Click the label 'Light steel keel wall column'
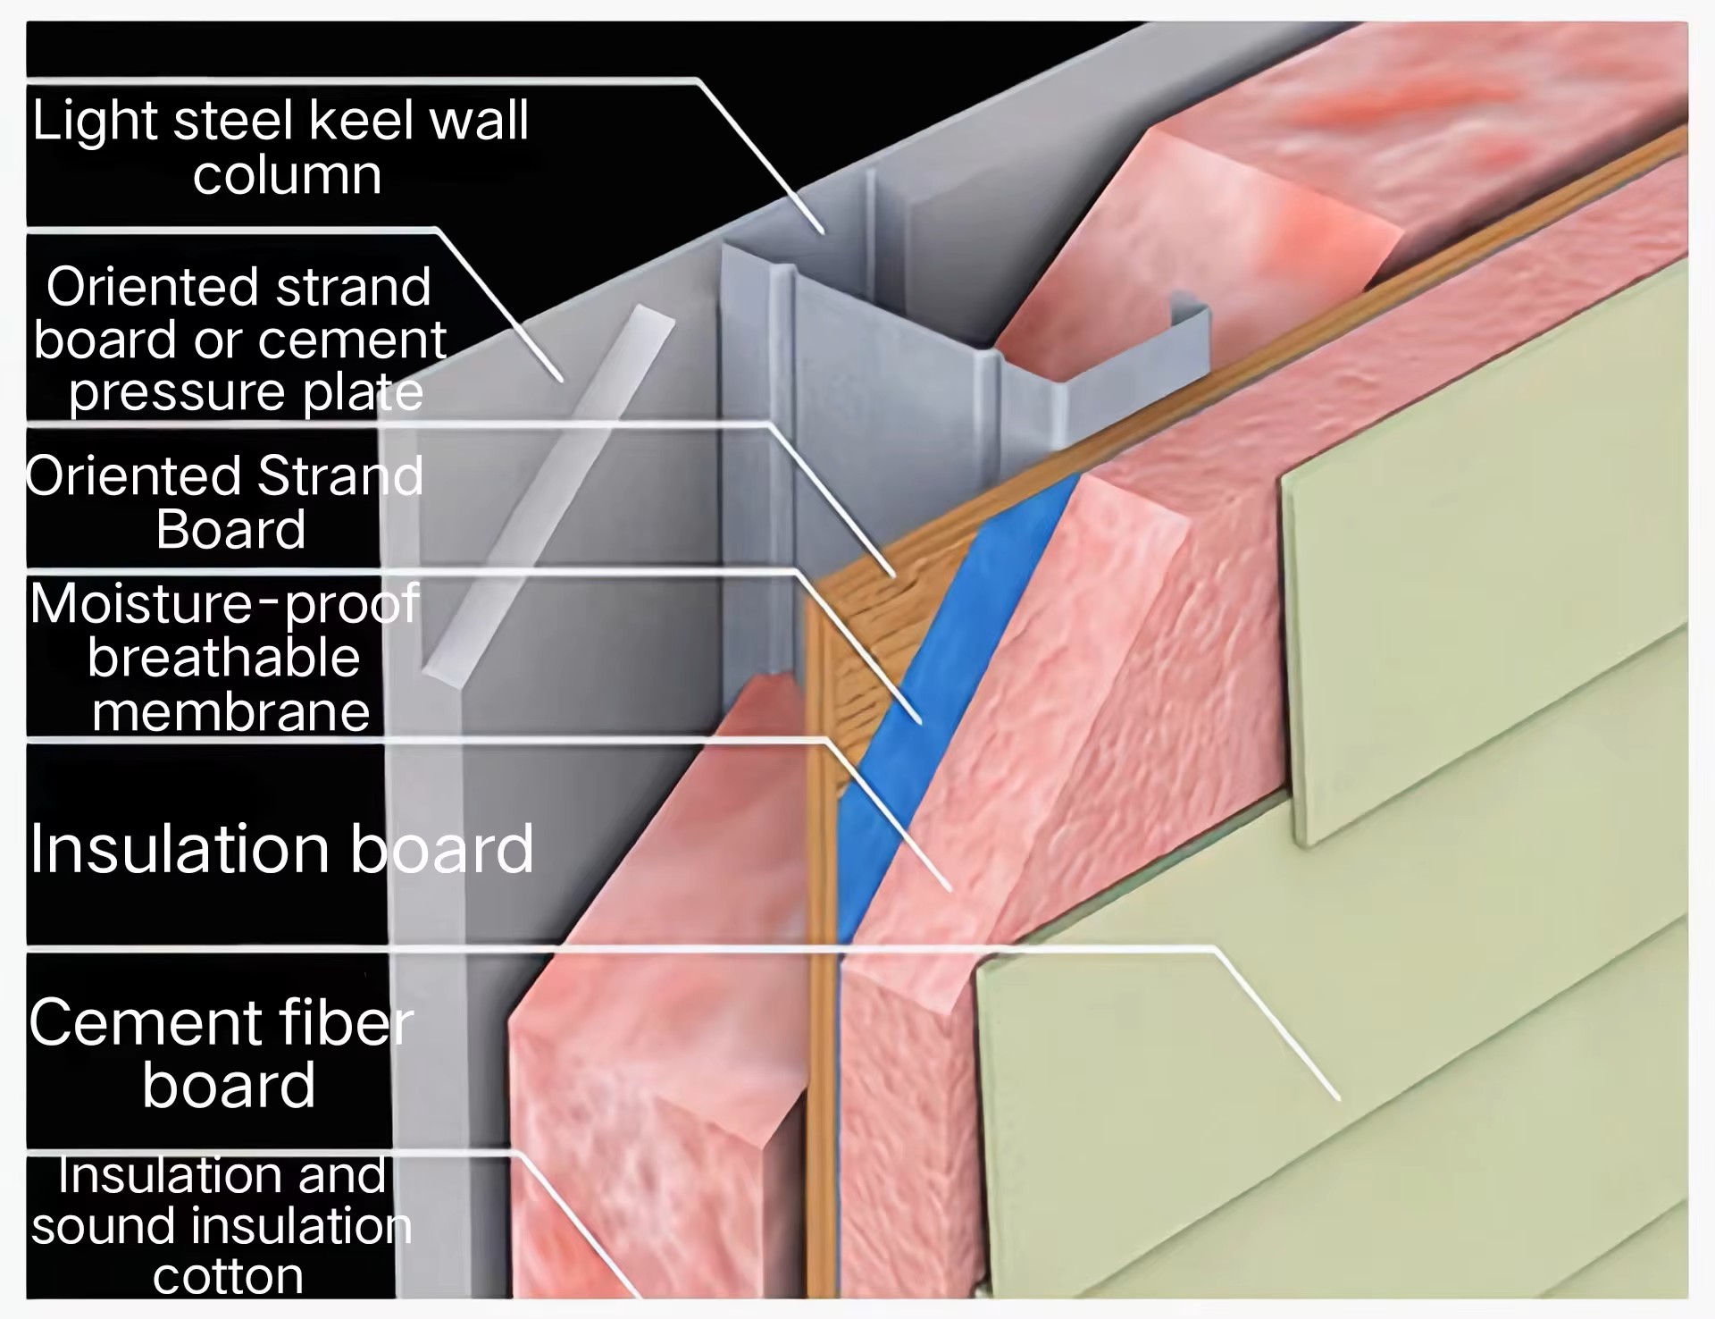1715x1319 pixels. [x=280, y=147]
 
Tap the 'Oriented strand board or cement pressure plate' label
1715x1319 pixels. [x=238, y=339]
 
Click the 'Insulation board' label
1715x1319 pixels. [x=281, y=848]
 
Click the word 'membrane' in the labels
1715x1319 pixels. [x=230, y=712]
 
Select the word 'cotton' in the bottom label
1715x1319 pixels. [x=229, y=1276]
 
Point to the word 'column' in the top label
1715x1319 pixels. [x=287, y=175]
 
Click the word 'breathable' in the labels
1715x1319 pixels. [x=223, y=659]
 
